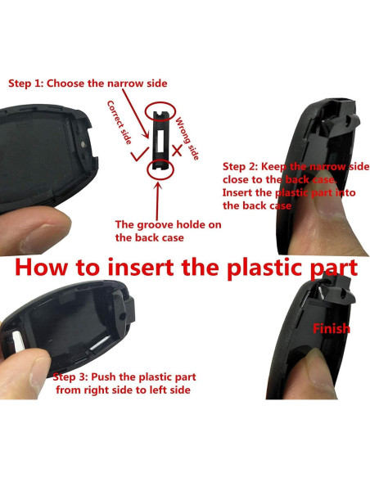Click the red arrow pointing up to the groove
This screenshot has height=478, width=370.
(x=160, y=197)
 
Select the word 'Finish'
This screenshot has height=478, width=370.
(x=330, y=328)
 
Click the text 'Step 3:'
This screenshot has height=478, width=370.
(x=74, y=377)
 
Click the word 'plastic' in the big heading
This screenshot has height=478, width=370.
(x=253, y=268)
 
